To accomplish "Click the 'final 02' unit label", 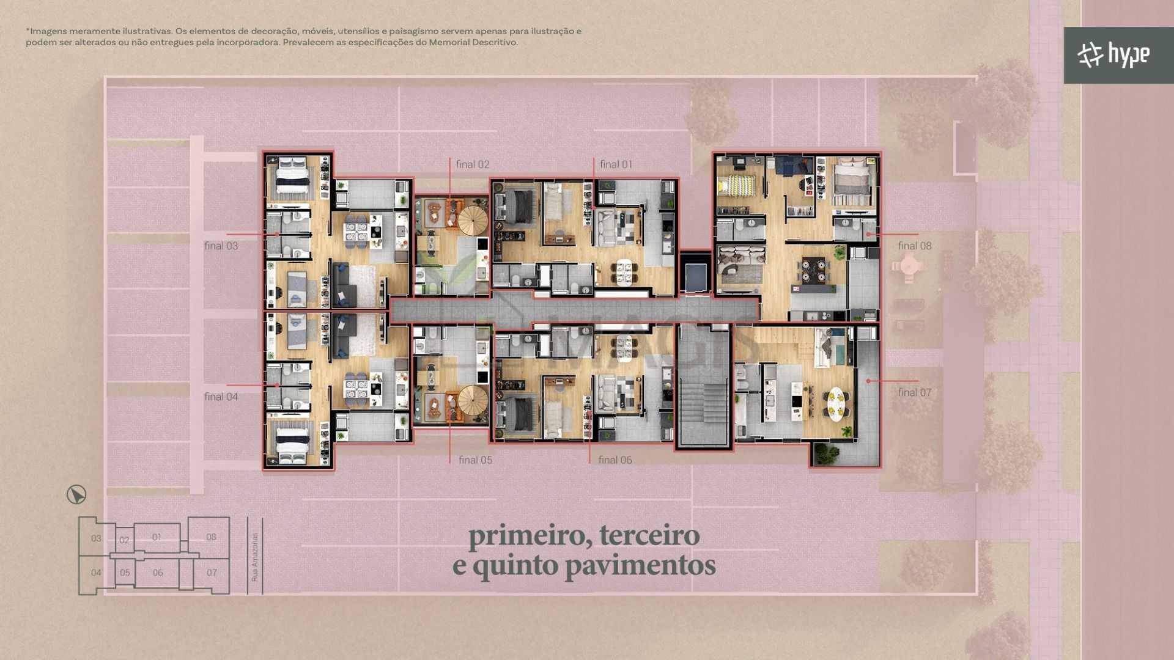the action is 472,164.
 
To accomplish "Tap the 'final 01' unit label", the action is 616,164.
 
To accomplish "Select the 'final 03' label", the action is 221,246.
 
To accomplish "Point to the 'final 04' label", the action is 221,397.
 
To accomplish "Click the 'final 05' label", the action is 475,460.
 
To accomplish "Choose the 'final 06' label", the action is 615,460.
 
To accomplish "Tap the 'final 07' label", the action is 915,392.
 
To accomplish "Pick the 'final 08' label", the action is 915,246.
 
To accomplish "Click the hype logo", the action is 1113,55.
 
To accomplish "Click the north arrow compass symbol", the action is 76,494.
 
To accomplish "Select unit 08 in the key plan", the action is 211,537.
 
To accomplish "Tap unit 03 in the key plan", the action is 96,538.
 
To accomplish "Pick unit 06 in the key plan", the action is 158,573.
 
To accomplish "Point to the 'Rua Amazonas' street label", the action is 255,557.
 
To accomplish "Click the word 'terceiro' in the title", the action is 649,535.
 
